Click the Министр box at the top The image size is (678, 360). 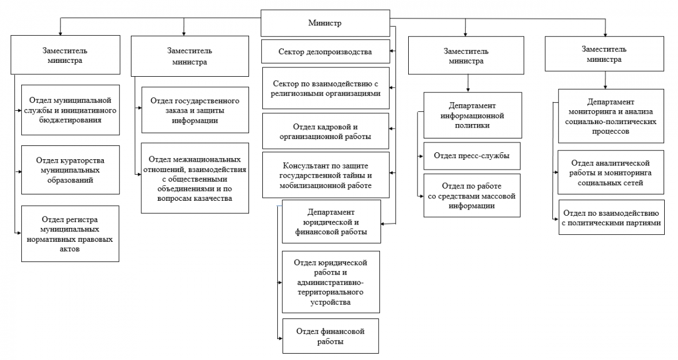pyautogui.click(x=325, y=23)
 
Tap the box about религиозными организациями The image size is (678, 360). pyautogui.click(x=326, y=88)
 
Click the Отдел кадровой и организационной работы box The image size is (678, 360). pyautogui.click(x=326, y=132)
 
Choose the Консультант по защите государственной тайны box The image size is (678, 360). pyautogui.click(x=326, y=175)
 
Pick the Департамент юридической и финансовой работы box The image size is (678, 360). pyautogui.click(x=331, y=222)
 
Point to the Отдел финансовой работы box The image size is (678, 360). pyautogui.click(x=330, y=336)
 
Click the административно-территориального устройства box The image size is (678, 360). pyautogui.click(x=331, y=282)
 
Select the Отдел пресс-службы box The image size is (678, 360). pyautogui.click(x=472, y=156)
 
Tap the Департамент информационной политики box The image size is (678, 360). pyautogui.click(x=473, y=115)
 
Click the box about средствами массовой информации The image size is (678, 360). pyautogui.click(x=472, y=196)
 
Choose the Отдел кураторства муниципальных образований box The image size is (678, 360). pyautogui.click(x=70, y=170)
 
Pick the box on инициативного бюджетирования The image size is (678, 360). pyautogui.click(x=70, y=110)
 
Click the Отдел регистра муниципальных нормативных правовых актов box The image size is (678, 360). pyautogui.click(x=70, y=234)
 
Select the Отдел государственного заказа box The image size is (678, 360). pyautogui.click(x=195, y=110)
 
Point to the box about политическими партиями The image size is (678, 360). pyautogui.click(x=611, y=217)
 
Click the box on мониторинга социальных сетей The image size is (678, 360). pyautogui.click(x=611, y=172)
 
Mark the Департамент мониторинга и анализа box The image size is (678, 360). pyautogui.click(x=611, y=116)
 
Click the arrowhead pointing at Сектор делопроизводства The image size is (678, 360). pyautogui.click(x=392, y=51)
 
